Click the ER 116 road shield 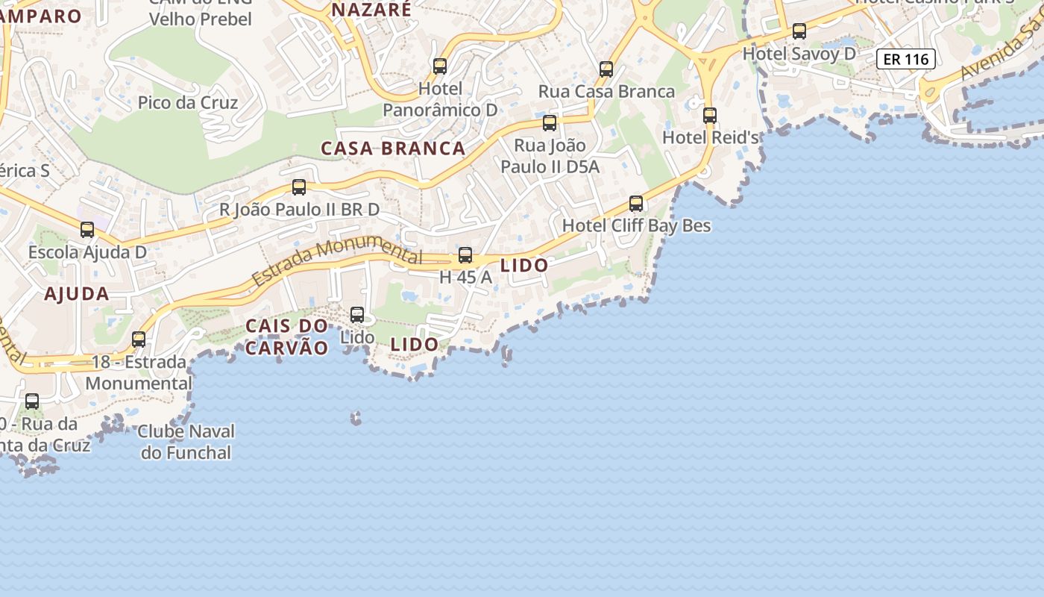coord(906,59)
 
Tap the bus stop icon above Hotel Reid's coord(709,116)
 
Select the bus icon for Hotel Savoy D coord(799,31)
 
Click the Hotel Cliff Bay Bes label coord(636,225)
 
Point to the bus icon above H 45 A coord(465,255)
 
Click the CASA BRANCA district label coord(393,148)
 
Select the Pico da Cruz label coord(188,102)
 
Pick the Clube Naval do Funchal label coord(186,442)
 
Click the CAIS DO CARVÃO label coord(287,337)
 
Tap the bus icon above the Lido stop coord(357,315)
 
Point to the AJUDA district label coord(77,293)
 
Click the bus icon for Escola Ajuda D coord(87,230)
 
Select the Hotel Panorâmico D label coord(440,99)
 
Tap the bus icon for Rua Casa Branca coord(606,69)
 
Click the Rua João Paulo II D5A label coord(550,155)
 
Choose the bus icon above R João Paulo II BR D coord(299,187)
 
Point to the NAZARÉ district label coord(371,10)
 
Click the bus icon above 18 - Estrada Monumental coord(139,340)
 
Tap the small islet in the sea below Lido coord(356,418)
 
